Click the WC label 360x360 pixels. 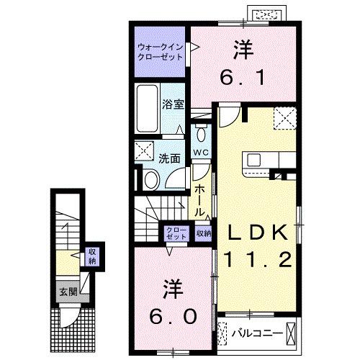[200, 153]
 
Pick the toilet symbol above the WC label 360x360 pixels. [200, 135]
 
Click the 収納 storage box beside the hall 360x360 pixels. [204, 233]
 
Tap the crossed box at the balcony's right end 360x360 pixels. [291, 333]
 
